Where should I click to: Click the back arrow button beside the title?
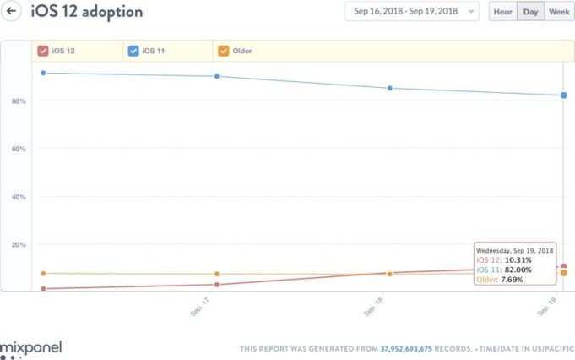(14, 12)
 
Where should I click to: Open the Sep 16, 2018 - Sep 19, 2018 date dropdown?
(411, 12)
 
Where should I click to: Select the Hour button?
(502, 12)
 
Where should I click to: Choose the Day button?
(529, 12)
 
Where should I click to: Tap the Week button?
(557, 12)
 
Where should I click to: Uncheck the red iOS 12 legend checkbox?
(42, 51)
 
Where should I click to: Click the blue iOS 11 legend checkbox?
(133, 51)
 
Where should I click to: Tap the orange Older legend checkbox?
(223, 51)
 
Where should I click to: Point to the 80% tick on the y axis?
(19, 101)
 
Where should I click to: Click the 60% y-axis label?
(19, 149)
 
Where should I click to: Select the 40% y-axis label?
(19, 197)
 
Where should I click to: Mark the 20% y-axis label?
(19, 244)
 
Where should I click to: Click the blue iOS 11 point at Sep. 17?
(217, 76)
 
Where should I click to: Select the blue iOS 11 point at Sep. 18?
(389, 88)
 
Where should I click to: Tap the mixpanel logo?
(31, 347)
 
